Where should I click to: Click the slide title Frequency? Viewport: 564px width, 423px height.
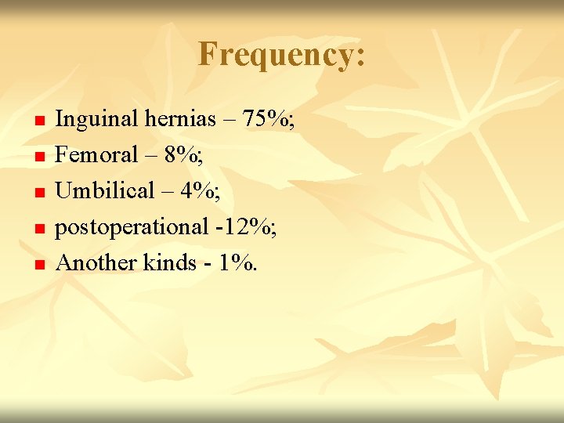[x=281, y=55]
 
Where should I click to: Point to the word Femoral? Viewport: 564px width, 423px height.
[x=96, y=154]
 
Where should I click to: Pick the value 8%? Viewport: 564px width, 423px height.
[x=183, y=154]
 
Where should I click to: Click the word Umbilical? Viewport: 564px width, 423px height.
[x=106, y=190]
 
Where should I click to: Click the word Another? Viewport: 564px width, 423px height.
[x=96, y=262]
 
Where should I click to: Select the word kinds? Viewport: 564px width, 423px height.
[x=169, y=262]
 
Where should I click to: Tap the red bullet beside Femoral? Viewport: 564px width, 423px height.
[x=40, y=157]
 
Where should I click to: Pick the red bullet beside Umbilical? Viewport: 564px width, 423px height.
[x=40, y=193]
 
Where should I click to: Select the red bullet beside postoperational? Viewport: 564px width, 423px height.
[x=40, y=229]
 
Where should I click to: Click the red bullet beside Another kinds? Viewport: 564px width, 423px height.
[x=40, y=265]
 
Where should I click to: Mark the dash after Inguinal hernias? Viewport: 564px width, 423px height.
[x=230, y=121]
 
